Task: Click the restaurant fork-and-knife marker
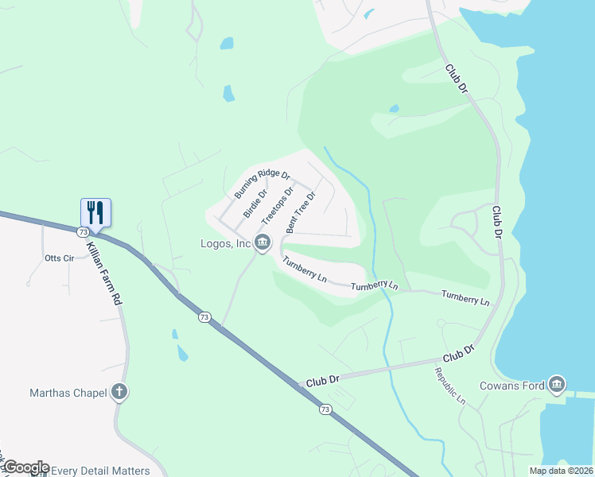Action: point(95,212)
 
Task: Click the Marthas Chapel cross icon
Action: point(119,391)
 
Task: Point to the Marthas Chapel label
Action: point(68,392)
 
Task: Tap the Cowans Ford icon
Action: point(557,386)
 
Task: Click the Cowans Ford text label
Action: point(512,386)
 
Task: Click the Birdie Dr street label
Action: point(255,203)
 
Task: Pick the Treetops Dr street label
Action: point(278,204)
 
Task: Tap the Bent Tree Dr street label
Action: point(301,211)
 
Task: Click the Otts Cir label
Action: point(59,258)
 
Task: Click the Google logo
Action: point(25,467)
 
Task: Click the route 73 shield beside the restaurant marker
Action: point(83,232)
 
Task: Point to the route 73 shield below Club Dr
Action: point(325,409)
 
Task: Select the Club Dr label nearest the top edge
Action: point(456,80)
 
